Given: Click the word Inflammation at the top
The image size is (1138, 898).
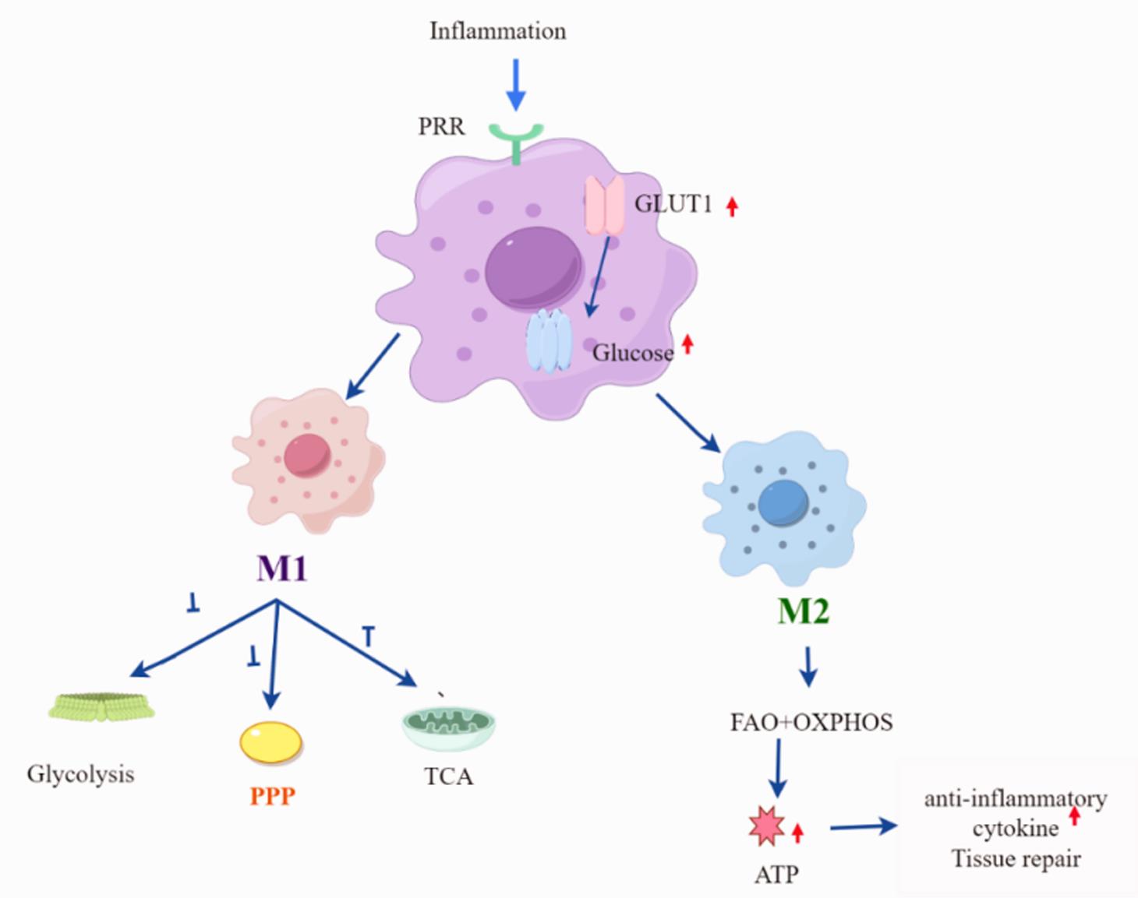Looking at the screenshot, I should (x=497, y=31).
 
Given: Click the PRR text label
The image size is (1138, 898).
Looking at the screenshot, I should (x=441, y=126).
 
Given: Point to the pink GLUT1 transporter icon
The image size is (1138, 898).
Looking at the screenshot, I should (x=604, y=205).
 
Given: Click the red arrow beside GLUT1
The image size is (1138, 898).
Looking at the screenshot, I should (x=731, y=206).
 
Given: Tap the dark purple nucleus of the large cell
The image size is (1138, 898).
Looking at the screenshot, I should (x=533, y=268).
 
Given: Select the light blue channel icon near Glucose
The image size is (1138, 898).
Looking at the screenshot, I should (x=549, y=340).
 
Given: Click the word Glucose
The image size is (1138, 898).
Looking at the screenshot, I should (x=632, y=354).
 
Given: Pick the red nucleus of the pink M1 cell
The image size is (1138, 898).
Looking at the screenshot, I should (x=307, y=454).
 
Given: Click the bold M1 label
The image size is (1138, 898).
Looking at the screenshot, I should (x=282, y=569).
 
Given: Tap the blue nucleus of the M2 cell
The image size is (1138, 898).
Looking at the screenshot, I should (x=783, y=502).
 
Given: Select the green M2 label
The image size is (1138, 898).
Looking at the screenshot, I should (x=803, y=612).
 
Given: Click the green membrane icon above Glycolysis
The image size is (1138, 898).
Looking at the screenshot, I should (x=101, y=706).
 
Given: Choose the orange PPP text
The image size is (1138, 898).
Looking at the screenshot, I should (x=273, y=796).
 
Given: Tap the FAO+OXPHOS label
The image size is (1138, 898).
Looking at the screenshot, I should (x=811, y=722).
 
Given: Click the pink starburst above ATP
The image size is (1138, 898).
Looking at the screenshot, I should (x=766, y=827).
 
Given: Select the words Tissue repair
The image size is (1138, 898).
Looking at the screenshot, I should (x=1016, y=859).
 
